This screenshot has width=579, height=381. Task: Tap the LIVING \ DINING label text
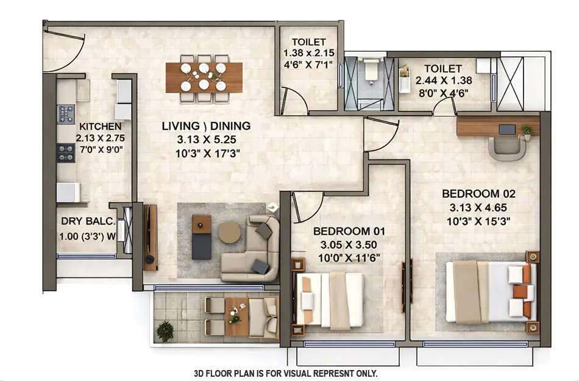206,126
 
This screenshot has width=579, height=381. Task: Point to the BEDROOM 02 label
478,193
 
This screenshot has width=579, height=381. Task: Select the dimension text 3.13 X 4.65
478,207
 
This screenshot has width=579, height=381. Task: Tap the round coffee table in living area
229,232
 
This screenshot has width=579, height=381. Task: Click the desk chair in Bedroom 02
506,148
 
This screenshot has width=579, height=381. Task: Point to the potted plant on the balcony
165,331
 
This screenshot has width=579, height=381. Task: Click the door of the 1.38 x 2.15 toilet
293,101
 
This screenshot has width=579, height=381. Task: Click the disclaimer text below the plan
285,373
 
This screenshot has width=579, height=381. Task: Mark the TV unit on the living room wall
149,237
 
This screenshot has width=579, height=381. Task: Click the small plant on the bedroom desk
527,129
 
